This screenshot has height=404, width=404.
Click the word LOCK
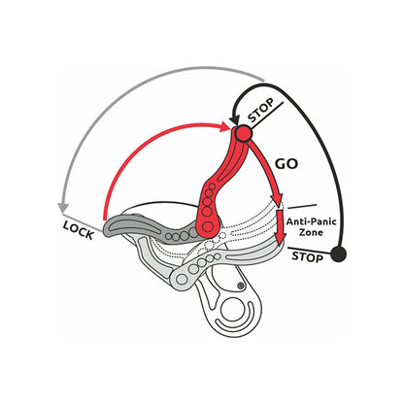(x=79, y=230)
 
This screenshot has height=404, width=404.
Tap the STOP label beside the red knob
(x=261, y=110)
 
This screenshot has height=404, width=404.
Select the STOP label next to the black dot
(x=307, y=257)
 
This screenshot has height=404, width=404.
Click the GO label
(x=286, y=164)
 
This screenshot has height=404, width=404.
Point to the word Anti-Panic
(x=311, y=221)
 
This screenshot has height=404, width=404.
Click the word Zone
(x=311, y=232)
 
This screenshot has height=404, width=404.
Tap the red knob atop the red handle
(x=243, y=133)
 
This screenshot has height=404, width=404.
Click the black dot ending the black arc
(x=339, y=253)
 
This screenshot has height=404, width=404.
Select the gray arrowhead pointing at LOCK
(x=63, y=208)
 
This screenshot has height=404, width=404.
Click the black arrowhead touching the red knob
(x=234, y=118)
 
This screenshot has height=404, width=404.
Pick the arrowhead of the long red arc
(x=225, y=126)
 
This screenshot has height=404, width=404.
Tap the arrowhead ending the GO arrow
(x=278, y=199)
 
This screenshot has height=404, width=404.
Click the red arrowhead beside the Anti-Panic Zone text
(x=281, y=239)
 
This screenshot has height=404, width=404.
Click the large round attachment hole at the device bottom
(x=232, y=310)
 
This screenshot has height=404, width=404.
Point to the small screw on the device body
(x=240, y=286)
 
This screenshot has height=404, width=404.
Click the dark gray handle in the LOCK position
(x=152, y=228)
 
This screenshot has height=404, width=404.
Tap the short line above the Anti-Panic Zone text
(x=302, y=206)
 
